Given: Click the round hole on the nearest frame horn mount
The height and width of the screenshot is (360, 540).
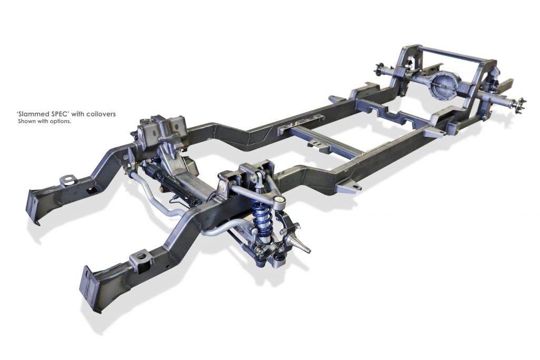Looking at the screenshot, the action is (141, 256).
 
